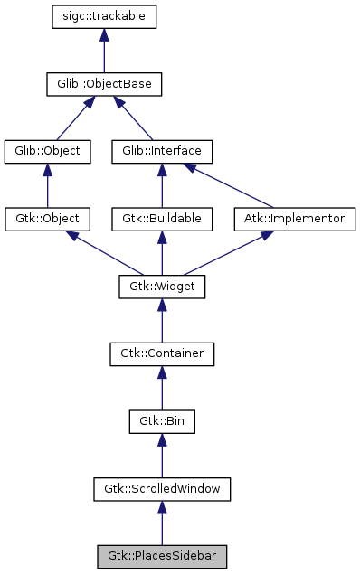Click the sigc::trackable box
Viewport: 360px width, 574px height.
pos(105,17)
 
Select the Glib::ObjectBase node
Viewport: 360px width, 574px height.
pos(105,85)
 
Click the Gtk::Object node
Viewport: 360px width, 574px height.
pos(47,219)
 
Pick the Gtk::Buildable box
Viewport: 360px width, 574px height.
pos(162,219)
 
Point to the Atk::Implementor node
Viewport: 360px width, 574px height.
pos(295,219)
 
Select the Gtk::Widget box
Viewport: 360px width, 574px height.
pos(162,287)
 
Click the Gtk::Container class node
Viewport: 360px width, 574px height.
pos(162,353)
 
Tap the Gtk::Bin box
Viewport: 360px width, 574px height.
pos(162,421)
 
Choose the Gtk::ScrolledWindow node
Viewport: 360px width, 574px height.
pos(162,489)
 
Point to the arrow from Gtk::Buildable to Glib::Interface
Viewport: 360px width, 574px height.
pos(162,186)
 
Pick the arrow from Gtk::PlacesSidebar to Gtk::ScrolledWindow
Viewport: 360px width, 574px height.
pos(162,523)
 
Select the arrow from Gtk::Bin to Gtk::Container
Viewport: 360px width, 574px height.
pos(162,388)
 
